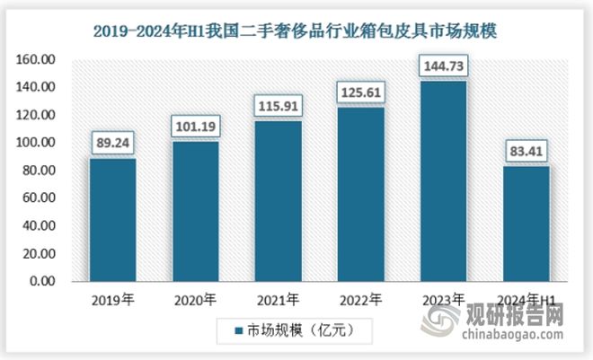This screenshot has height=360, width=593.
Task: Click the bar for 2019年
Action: [x=113, y=220]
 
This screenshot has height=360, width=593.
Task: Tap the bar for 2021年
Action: [x=279, y=201]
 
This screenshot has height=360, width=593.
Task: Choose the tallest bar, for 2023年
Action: [x=443, y=181]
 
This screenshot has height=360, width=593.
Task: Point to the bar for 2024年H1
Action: [x=526, y=224]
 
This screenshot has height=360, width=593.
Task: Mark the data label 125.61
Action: [x=361, y=91]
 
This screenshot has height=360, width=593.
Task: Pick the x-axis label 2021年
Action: [x=279, y=299]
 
